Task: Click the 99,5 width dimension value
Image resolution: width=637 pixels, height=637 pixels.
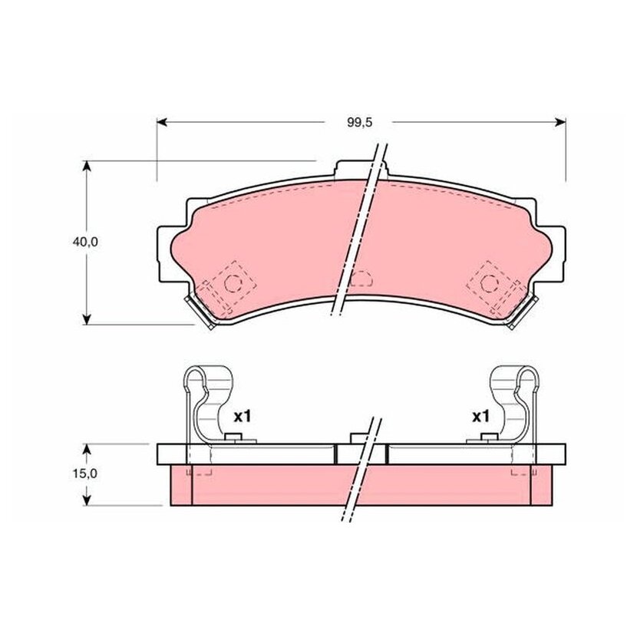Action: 359,122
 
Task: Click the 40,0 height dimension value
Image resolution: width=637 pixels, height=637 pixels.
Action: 85,242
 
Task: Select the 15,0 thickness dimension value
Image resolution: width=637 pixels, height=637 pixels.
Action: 85,474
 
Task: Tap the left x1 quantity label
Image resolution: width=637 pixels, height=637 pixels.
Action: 243,417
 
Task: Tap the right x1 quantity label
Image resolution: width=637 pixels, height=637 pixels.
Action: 480,417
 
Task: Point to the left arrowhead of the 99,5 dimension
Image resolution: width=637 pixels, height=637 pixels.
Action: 162,122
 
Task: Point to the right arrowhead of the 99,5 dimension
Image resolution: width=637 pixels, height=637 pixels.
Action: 560,122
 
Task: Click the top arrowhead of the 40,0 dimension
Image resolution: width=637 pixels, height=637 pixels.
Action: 86,167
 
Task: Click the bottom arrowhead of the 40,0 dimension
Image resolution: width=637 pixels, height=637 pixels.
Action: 86,319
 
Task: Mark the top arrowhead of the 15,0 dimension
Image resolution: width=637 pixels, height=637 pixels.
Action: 86,449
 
